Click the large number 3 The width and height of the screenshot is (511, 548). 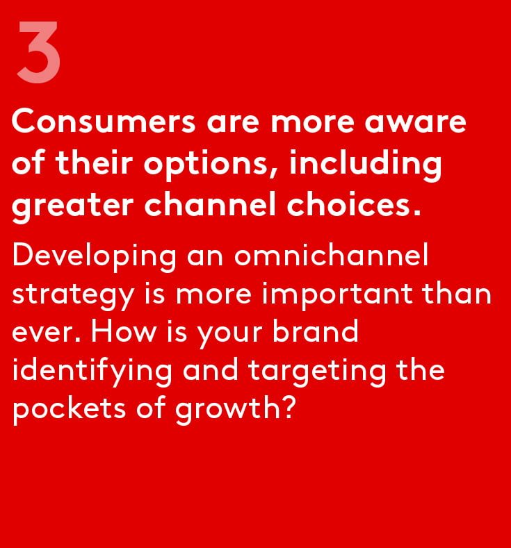pyautogui.click(x=39, y=52)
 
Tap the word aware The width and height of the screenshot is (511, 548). pyautogui.click(x=416, y=122)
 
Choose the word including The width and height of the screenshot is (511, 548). pyautogui.click(x=366, y=163)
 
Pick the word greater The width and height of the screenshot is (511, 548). pyautogui.click(x=73, y=206)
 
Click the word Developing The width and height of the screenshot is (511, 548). pyautogui.click(x=94, y=257)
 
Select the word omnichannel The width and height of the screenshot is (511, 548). pyautogui.click(x=331, y=254)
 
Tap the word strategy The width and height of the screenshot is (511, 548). pyautogui.click(x=73, y=295)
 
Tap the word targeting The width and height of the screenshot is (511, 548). pyautogui.click(x=317, y=372)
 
